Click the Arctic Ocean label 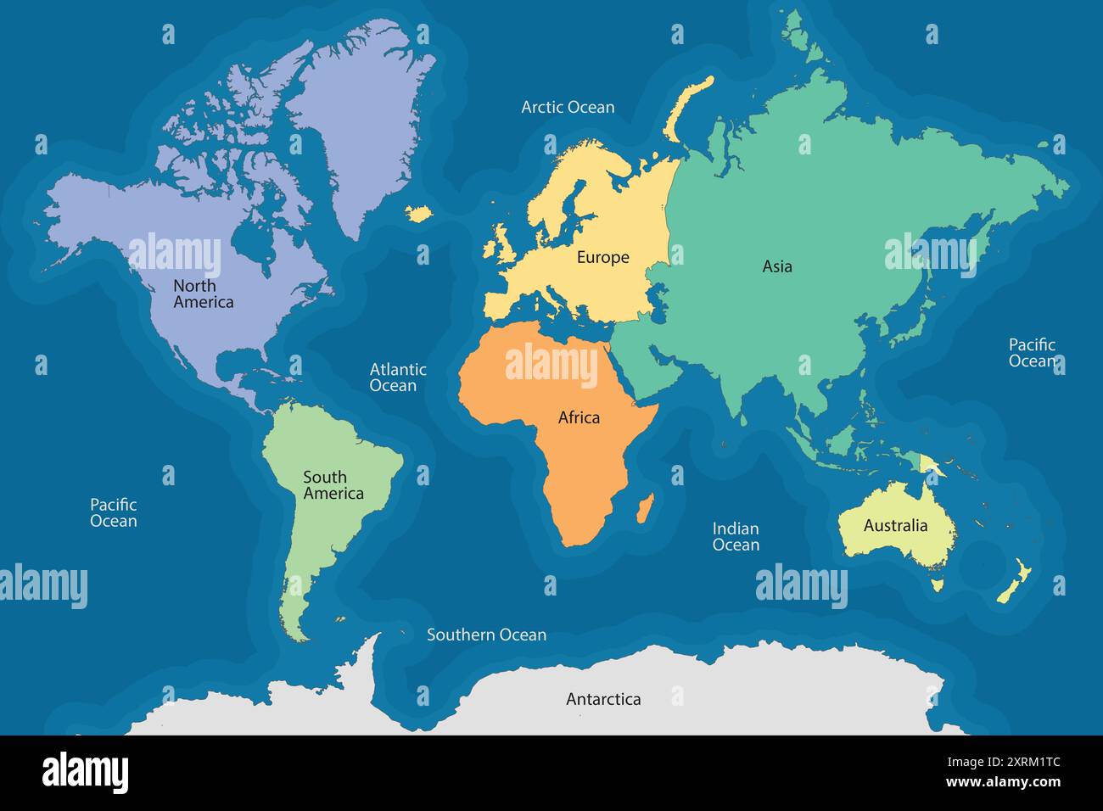[568, 107]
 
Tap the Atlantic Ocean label [397, 378]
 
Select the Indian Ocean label [735, 536]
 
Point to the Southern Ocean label [486, 635]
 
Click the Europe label [602, 257]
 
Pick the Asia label [776, 266]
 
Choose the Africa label [579, 417]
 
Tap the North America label [203, 294]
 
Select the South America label [333, 485]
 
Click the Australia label [895, 525]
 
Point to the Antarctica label [603, 699]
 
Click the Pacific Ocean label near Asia [1032, 352]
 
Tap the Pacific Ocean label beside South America [113, 512]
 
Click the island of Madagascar [646, 508]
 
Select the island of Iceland [419, 212]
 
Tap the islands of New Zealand [1015, 583]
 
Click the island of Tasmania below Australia [938, 584]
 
